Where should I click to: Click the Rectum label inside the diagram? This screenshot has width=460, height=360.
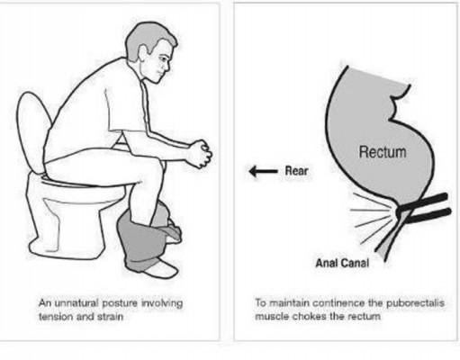coord(383,152)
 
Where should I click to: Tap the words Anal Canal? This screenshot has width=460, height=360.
coord(342,263)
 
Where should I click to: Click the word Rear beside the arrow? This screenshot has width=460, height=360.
coord(296,171)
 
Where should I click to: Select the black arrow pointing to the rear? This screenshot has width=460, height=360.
coord(264,171)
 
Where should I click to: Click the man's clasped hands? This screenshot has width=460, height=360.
coord(201,154)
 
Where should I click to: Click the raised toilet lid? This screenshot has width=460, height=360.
coord(32,132)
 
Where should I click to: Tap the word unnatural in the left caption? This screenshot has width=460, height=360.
coord(77,303)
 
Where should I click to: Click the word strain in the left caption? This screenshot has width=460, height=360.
coord(111,317)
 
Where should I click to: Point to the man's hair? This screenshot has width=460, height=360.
coord(144,36)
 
